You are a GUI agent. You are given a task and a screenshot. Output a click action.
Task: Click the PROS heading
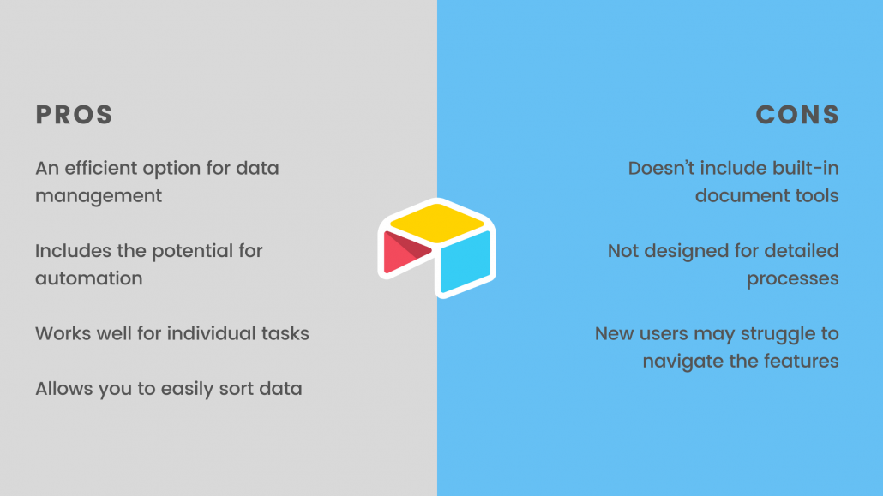tap(74, 115)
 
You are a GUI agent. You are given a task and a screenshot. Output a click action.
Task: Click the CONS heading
tap(797, 115)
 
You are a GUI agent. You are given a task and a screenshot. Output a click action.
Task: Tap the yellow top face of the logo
tap(437, 223)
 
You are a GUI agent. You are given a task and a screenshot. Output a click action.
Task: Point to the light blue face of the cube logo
tap(466, 262)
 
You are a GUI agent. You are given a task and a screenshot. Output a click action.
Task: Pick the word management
tap(99, 196)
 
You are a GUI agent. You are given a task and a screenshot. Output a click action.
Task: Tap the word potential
tap(192, 251)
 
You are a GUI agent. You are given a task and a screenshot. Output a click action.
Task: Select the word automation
tap(89, 278)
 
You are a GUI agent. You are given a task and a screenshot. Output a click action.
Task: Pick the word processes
tap(793, 279)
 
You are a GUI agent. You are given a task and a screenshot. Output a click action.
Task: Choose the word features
tap(796, 362)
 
